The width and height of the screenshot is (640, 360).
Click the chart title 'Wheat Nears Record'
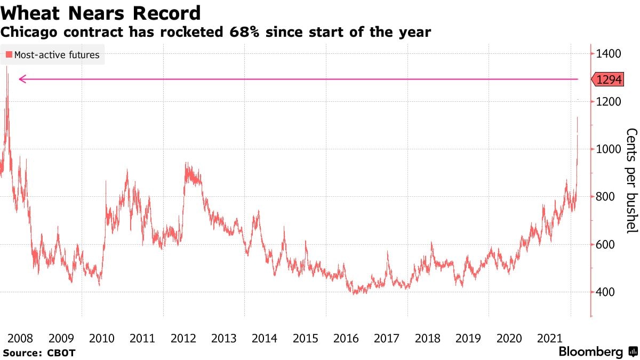pyautogui.click(x=101, y=13)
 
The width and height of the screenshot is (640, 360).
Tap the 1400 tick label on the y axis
pyautogui.click(x=610, y=53)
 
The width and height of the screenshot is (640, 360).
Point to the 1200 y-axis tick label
pyautogui.click(x=610, y=101)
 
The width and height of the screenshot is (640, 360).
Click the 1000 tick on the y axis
pyautogui.click(x=610, y=149)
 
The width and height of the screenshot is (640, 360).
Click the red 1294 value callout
pyautogui.click(x=609, y=79)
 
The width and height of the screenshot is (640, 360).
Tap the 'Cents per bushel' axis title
pyautogui.click(x=631, y=180)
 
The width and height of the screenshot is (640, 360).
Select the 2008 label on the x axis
pyautogui.click(x=21, y=338)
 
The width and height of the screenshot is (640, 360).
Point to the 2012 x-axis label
pyautogui.click(x=183, y=338)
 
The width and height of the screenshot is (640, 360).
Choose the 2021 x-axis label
pyautogui.click(x=549, y=338)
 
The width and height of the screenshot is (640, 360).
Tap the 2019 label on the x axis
pyautogui.click(x=468, y=338)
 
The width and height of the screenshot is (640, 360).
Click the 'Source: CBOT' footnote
pyautogui.click(x=39, y=353)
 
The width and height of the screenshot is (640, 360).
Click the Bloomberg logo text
pyautogui.click(x=591, y=352)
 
